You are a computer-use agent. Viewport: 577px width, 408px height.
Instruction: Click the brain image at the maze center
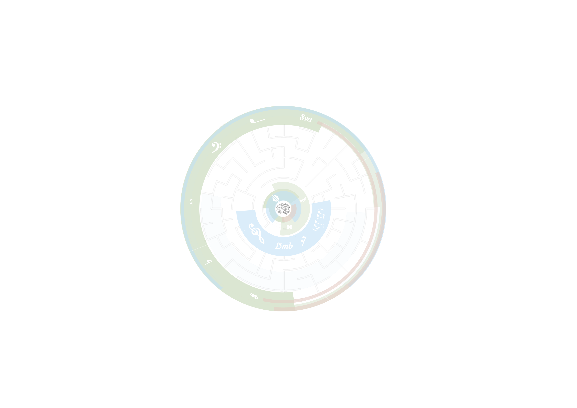pos(283,209)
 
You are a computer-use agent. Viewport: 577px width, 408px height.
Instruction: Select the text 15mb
pos(284,246)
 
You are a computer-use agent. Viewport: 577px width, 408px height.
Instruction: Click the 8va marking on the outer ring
pos(306,118)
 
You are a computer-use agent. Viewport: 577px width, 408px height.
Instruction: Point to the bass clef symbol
pos(216,147)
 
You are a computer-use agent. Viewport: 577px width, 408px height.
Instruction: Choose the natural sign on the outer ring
pos(191,201)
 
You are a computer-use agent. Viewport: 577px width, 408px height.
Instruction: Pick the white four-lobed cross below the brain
pos(289,227)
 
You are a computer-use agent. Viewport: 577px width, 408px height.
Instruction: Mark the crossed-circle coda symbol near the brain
pos(276,198)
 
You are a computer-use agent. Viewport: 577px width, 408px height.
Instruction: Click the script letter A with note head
pos(303,200)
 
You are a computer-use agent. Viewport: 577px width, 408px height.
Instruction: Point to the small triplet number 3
pos(322,228)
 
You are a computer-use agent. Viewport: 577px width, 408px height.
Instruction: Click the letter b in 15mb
pos(290,246)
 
